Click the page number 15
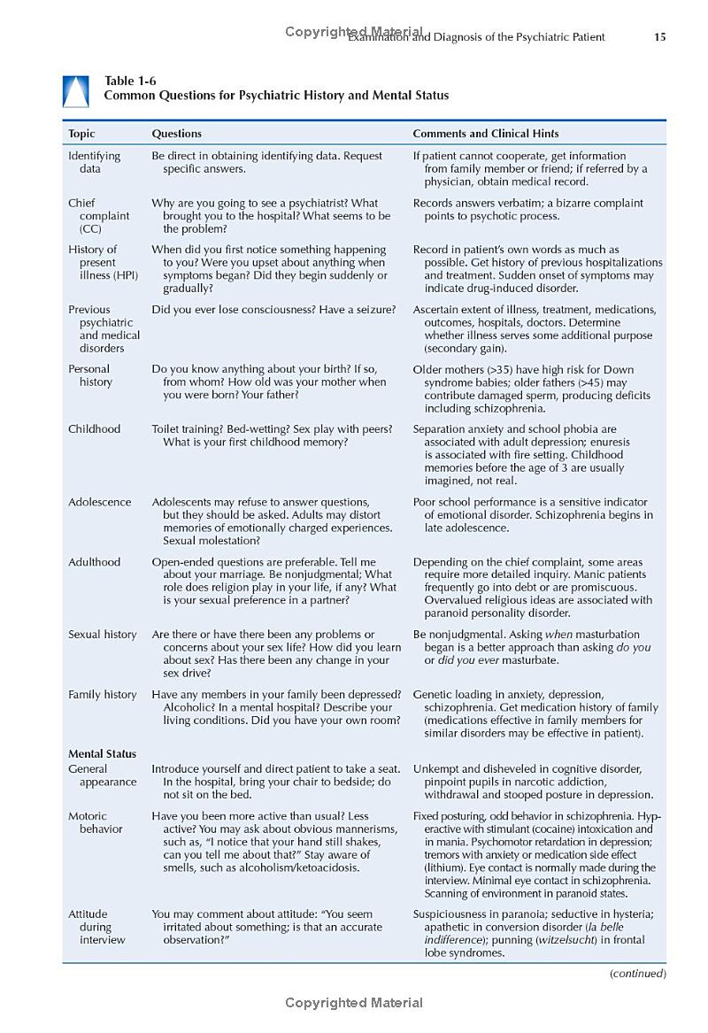[x=659, y=37]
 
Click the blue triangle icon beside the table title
[x=75, y=91]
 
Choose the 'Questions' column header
[x=176, y=134]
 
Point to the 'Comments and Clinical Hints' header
[x=486, y=134]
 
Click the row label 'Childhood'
[x=94, y=429]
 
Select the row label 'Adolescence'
[x=99, y=502]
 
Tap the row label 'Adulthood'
[x=95, y=562]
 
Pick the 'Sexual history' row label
[x=103, y=635]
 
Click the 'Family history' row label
[x=103, y=695]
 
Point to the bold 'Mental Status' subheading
[x=103, y=754]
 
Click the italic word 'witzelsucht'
[x=567, y=940]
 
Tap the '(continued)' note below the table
[x=637, y=974]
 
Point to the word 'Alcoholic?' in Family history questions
[x=192, y=707]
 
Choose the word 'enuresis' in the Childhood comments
[x=608, y=442]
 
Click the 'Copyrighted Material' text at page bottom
[x=354, y=1003]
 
